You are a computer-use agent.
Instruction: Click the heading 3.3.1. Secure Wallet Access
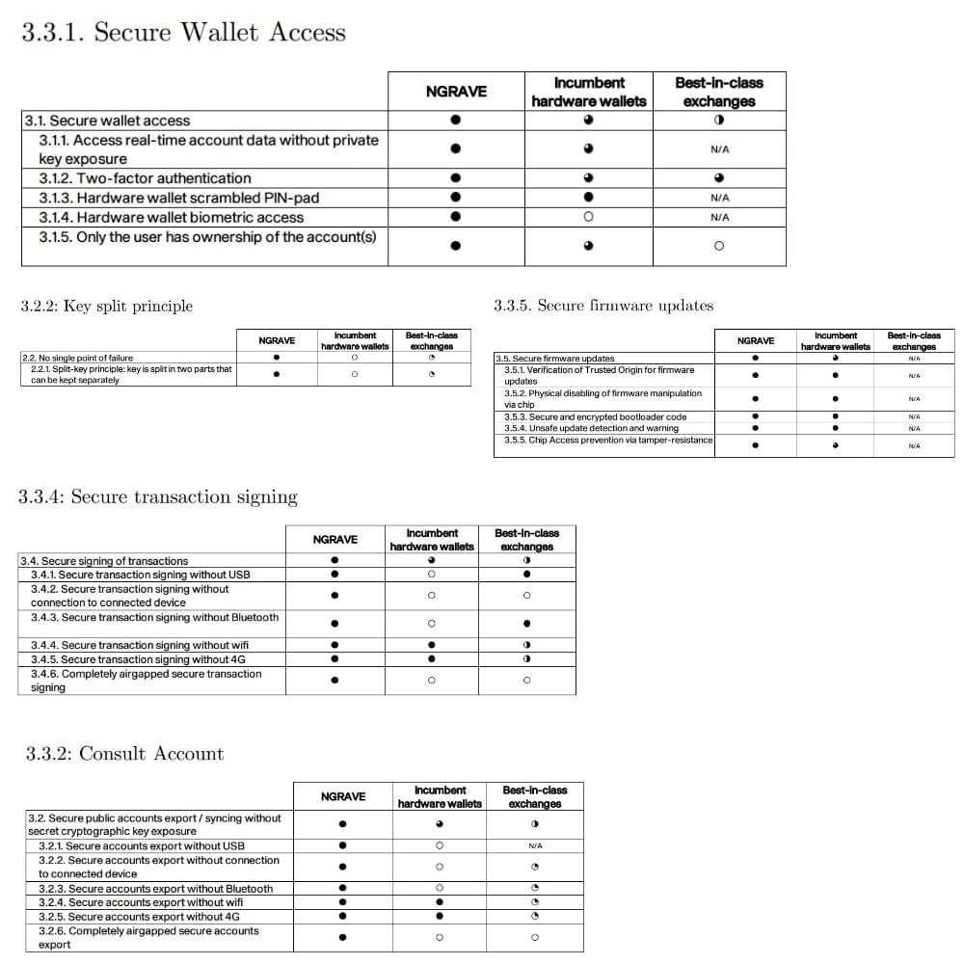[x=183, y=32]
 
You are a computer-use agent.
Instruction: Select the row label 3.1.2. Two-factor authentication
[x=145, y=178]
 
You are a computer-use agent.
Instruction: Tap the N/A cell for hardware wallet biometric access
[x=719, y=218]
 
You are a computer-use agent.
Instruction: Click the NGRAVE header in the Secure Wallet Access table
[x=456, y=92]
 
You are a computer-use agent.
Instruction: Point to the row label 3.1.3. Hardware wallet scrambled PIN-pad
[x=178, y=198]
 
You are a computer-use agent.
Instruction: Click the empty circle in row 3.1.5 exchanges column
[x=719, y=246]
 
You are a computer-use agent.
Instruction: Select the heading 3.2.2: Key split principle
[x=106, y=307]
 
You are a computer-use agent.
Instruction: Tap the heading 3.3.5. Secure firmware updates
[x=603, y=306]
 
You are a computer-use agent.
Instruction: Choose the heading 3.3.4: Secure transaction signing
[x=158, y=497]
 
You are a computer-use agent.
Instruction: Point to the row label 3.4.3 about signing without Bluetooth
[x=154, y=617]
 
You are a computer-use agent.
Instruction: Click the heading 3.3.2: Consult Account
[x=124, y=754]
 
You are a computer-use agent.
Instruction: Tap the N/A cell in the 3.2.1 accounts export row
[x=535, y=845]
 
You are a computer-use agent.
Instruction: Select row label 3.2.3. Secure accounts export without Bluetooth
[x=155, y=889]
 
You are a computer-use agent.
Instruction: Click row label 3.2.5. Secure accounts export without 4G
[x=139, y=917]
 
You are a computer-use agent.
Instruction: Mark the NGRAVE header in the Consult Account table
[x=343, y=796]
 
